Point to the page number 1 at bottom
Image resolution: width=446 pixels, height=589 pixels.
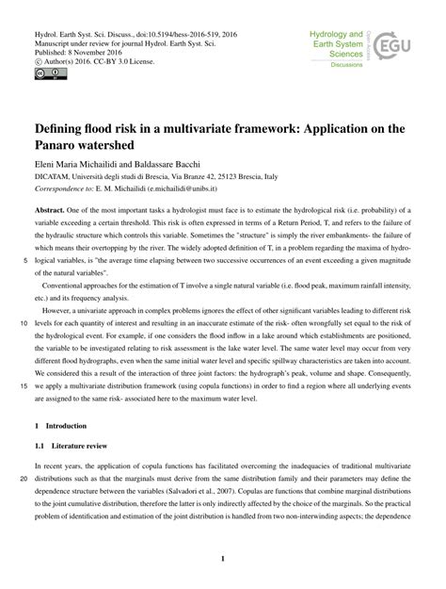pyautogui.click(x=223, y=559)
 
